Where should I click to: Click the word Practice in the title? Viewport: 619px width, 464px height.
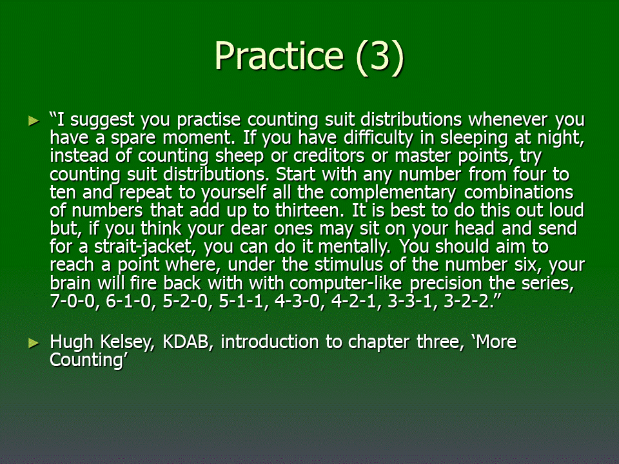point(279,55)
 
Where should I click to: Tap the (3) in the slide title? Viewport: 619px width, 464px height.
point(380,57)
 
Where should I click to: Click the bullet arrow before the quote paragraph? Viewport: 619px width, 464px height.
point(34,121)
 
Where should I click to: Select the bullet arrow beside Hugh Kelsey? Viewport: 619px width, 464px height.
point(34,343)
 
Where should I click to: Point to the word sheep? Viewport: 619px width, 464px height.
point(239,157)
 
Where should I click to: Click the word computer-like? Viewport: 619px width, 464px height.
point(346,284)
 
